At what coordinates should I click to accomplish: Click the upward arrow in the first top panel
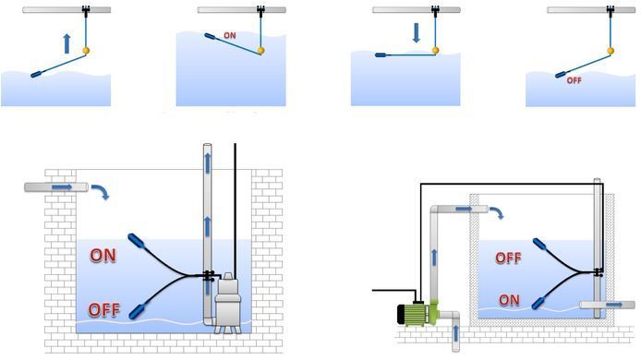pyautogui.click(x=67, y=43)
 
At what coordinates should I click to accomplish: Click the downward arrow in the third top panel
pyautogui.click(x=417, y=32)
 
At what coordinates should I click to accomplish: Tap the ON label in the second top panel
pyautogui.click(x=230, y=36)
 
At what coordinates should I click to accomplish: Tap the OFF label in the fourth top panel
pyautogui.click(x=574, y=80)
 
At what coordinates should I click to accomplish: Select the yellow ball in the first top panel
pyautogui.click(x=86, y=51)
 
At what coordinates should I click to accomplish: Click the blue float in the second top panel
pyautogui.click(x=211, y=37)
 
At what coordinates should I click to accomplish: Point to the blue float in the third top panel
pyautogui.click(x=383, y=54)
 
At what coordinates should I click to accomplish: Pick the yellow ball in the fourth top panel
pyautogui.click(x=611, y=51)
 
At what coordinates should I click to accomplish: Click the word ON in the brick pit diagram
pyautogui.click(x=103, y=256)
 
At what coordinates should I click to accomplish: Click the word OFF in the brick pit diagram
pyautogui.click(x=104, y=310)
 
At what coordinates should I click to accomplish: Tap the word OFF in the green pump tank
pyautogui.click(x=509, y=258)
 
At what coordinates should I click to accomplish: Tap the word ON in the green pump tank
pyautogui.click(x=509, y=300)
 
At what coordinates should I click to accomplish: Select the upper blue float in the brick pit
pyautogui.click(x=136, y=241)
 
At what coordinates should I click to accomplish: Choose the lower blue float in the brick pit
pyautogui.click(x=137, y=310)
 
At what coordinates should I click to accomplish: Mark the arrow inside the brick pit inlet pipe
pyautogui.click(x=62, y=187)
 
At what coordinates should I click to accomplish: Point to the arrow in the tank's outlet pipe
pyautogui.click(x=613, y=305)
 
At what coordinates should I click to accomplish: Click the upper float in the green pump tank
pyautogui.click(x=540, y=245)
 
